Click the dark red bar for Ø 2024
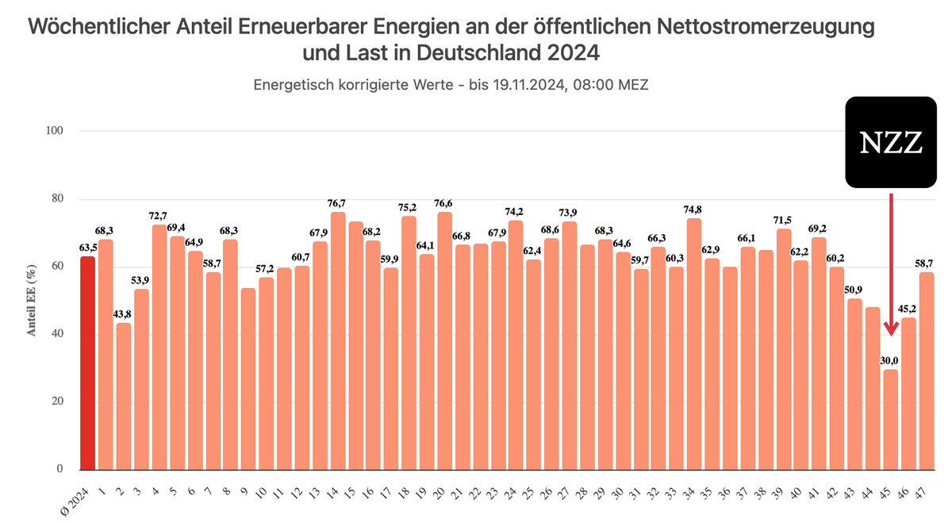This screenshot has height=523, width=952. point(87,363)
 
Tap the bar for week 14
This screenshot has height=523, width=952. point(338,340)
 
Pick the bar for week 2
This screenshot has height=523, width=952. point(124,396)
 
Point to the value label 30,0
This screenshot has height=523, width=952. point(891,360)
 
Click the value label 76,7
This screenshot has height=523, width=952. point(338,203)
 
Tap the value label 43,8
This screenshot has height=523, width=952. point(124,314)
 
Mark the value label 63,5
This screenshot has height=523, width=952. point(87,248)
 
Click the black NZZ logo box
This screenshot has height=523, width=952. point(891,142)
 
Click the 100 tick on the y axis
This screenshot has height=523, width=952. point(55,131)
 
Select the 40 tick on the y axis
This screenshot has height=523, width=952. point(58,334)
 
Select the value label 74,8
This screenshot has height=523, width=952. point(694,210)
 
